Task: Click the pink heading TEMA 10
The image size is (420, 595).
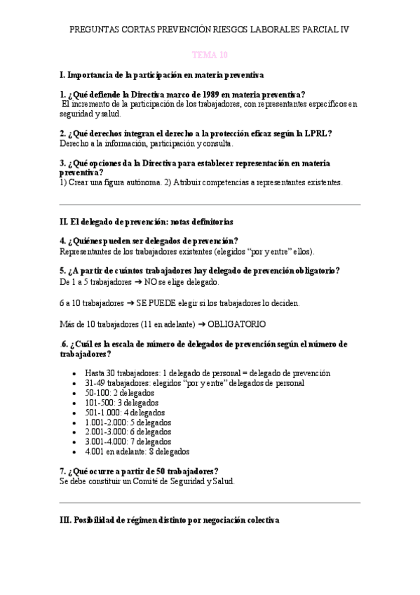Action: pyautogui.click(x=210, y=54)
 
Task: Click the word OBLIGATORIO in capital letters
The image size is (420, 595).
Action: pyautogui.click(x=236, y=324)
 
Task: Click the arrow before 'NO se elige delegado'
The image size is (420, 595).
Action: pyautogui.click(x=138, y=282)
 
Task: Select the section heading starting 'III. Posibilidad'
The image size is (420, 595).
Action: pyautogui.click(x=170, y=521)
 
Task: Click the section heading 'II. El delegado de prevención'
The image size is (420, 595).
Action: pyautogui.click(x=147, y=222)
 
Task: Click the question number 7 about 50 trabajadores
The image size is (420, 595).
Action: pyautogui.click(x=63, y=471)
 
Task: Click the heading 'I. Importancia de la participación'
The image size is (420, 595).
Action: pyautogui.click(x=162, y=74)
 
